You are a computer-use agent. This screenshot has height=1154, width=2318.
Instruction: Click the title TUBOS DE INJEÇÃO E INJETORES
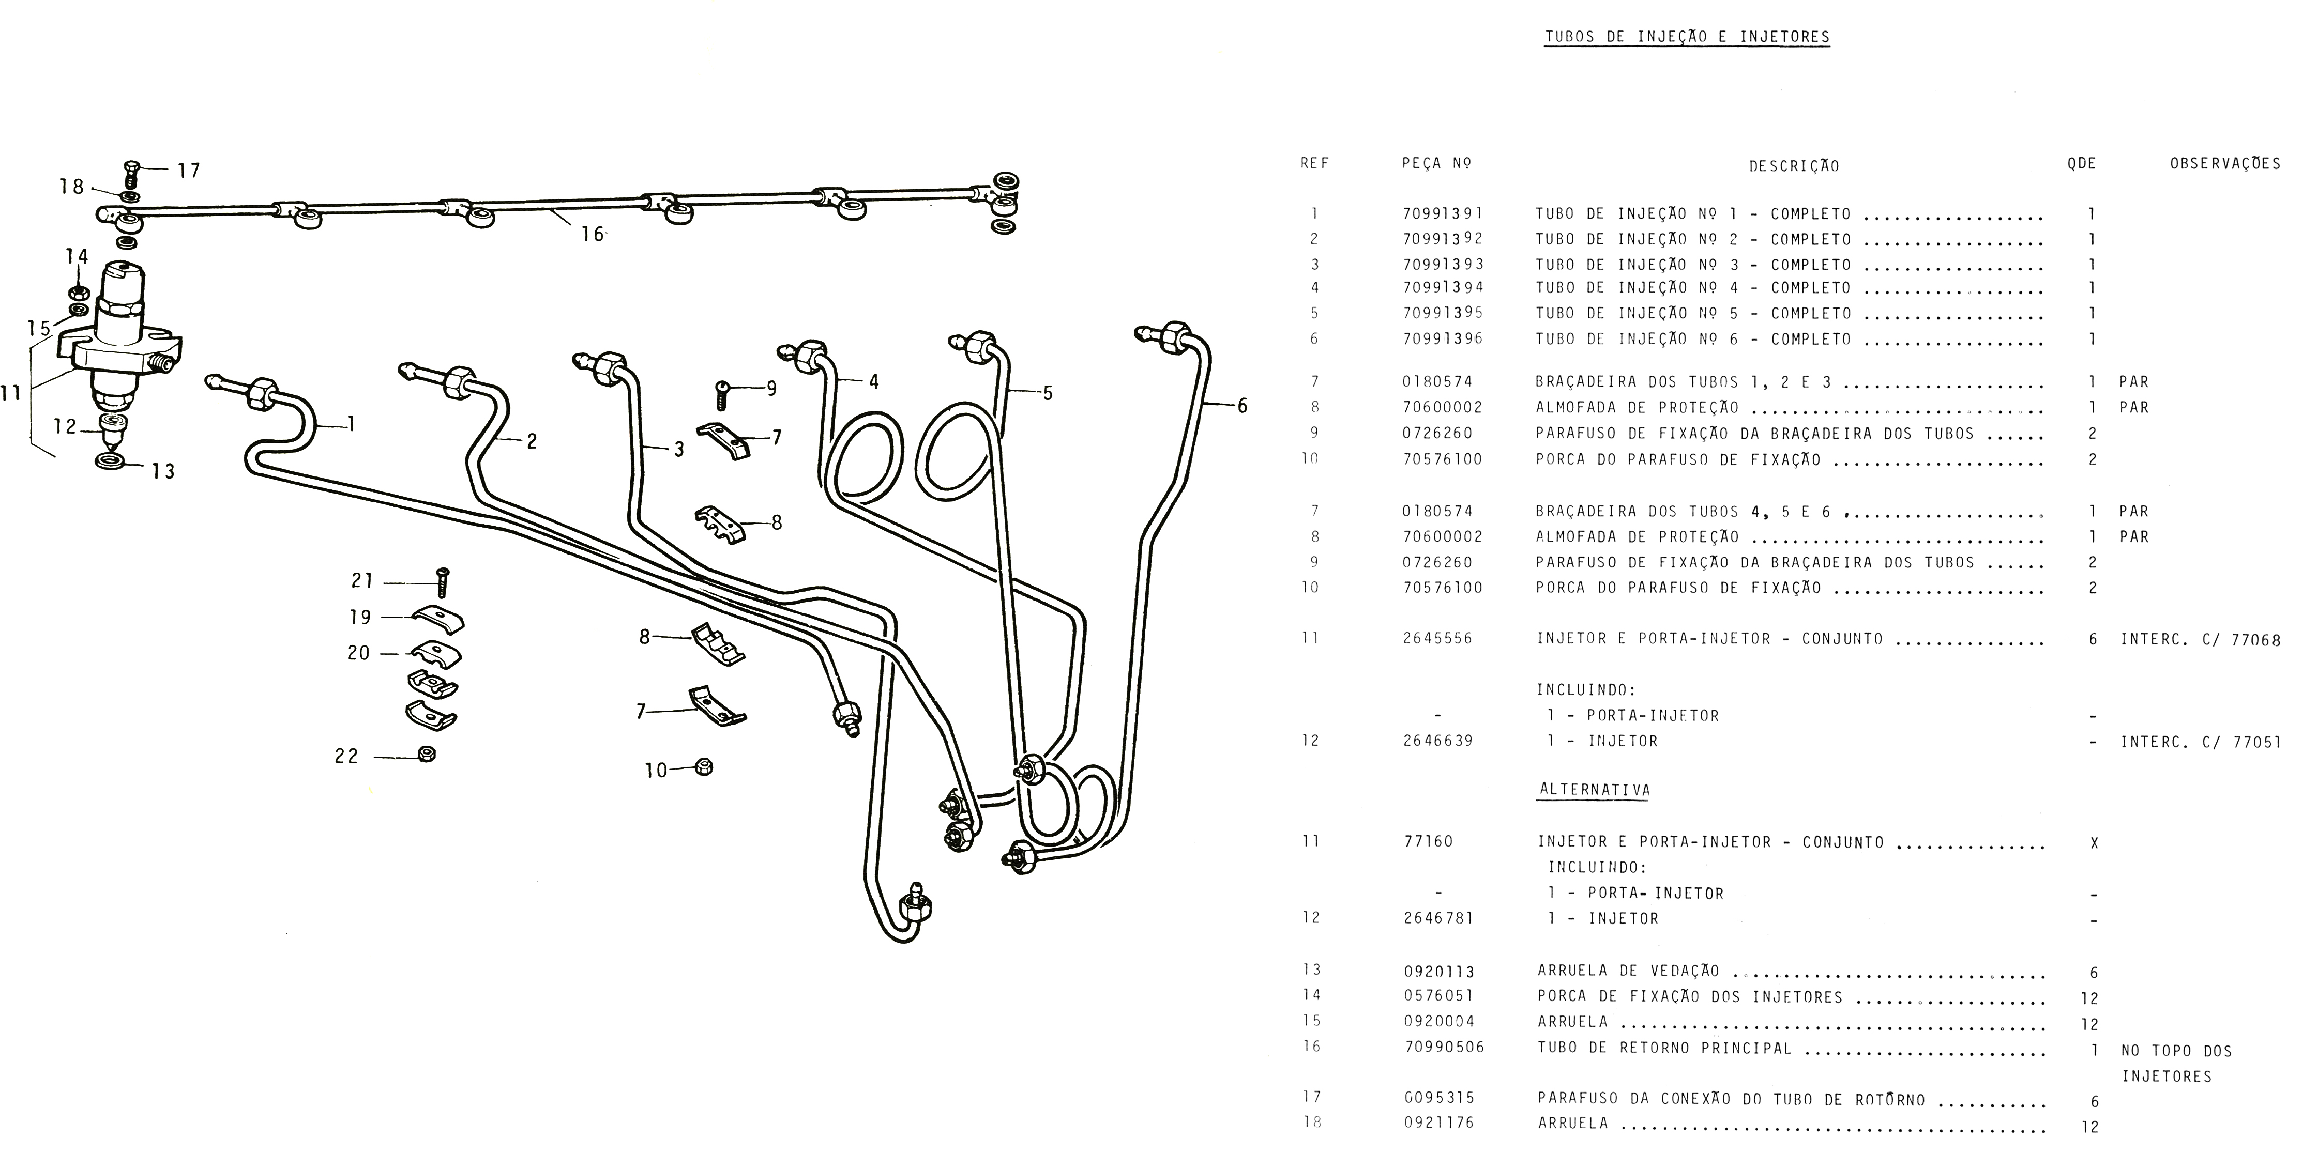tap(1687, 37)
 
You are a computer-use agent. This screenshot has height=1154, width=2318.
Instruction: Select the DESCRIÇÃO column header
tap(1793, 166)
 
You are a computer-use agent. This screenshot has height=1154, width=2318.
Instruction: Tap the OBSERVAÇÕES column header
tap(2224, 164)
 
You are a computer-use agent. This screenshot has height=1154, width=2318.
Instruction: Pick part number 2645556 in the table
tap(1437, 639)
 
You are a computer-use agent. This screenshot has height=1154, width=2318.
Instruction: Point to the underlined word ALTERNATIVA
tap(1595, 790)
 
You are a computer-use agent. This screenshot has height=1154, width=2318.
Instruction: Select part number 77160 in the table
tap(1428, 842)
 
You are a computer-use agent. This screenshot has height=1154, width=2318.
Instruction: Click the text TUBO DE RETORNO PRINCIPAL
tap(1665, 1048)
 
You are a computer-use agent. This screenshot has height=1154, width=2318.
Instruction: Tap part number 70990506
tap(1444, 1047)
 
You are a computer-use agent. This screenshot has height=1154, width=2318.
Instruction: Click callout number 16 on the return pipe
tap(591, 234)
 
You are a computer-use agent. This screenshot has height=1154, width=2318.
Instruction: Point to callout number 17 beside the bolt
tap(188, 170)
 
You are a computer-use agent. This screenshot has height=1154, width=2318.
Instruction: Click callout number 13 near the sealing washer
tap(163, 471)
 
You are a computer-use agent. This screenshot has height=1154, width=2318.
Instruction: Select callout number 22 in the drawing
tap(346, 757)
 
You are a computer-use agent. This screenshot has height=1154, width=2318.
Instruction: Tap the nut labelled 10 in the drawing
tap(705, 767)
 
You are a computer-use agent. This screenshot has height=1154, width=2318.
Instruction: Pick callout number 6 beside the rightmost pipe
tap(1242, 406)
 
